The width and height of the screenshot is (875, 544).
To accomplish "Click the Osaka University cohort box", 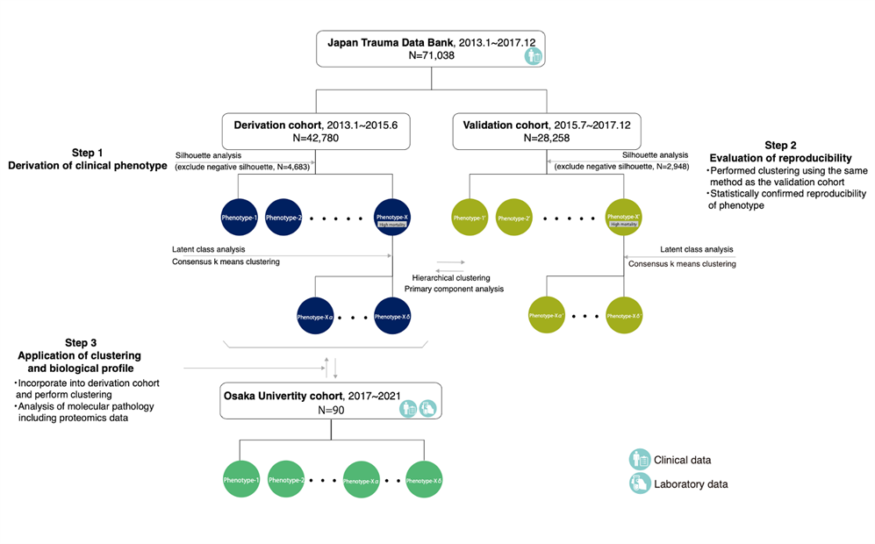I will (330, 402).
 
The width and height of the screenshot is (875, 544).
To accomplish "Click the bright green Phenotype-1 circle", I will (240, 480).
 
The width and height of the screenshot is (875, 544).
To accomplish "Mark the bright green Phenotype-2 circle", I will (286, 480).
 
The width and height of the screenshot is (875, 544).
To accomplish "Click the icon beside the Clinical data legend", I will (639, 459).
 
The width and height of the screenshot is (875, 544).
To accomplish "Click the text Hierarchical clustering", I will (450, 276).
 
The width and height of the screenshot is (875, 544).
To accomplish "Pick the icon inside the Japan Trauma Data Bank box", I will (533, 56).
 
